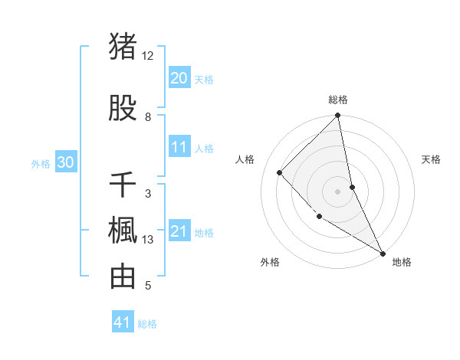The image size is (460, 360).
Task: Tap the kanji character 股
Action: coord(123,108)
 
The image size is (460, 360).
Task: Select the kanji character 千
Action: coord(123,185)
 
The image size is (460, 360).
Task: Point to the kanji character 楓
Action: coord(123,231)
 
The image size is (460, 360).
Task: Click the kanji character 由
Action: coord(123,277)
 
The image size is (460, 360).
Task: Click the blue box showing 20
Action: coord(179,78)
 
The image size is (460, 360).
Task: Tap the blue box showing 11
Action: coord(179,148)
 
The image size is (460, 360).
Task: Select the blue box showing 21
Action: coord(179,232)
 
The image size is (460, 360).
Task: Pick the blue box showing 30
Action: coord(66,162)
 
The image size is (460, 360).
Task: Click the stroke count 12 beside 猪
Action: coord(148,56)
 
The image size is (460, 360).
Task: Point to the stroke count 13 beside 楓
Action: coord(148,240)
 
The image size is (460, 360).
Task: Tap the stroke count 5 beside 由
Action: coord(148,286)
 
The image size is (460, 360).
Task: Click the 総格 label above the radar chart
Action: coord(338,100)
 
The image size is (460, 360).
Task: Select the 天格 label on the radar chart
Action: coord(432,159)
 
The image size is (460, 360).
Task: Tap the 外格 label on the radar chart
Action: coord(269,262)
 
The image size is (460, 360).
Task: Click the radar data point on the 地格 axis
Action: coord(383,253)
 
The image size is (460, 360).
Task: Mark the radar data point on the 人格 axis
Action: coord(280,172)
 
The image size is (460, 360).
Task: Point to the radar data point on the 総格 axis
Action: coord(338,116)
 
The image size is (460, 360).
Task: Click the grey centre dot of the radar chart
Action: coord(338,191)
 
